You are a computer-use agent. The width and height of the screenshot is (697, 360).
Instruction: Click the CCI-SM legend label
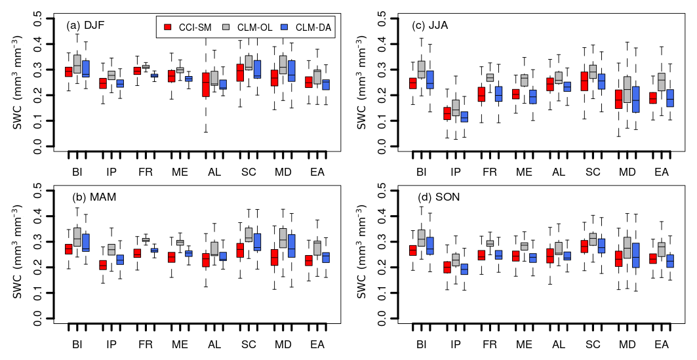pos(194,27)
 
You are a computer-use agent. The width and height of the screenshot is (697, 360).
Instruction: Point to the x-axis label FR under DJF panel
pos(146,172)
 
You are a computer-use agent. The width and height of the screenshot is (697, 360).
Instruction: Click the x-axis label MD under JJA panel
pos(627,172)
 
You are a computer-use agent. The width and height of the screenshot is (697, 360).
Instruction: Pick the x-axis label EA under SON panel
pos(662,344)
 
